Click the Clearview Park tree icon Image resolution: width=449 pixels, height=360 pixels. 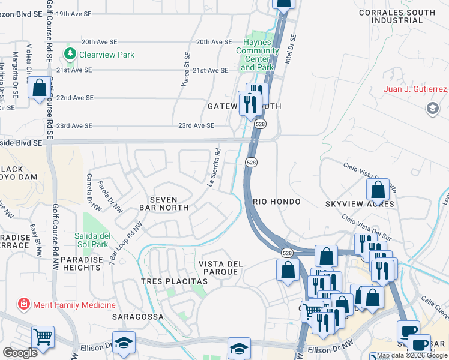click(x=71, y=55)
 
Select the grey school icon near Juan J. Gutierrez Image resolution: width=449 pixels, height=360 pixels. click(x=432, y=109)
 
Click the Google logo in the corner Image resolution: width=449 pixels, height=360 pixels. click(x=20, y=353)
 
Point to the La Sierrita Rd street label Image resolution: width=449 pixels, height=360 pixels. click(x=215, y=168)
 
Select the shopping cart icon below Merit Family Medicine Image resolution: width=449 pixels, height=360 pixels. click(x=43, y=337)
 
